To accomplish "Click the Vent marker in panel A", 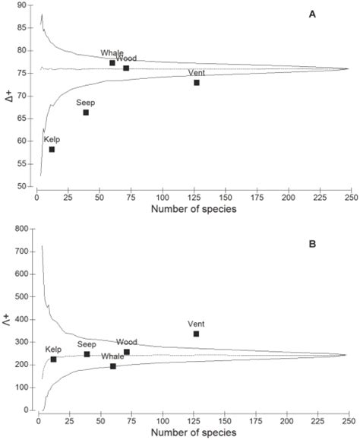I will click(x=196, y=82).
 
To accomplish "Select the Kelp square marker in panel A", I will click(x=52, y=149).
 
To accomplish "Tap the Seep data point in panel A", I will click(x=86, y=112).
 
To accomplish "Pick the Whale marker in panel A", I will click(x=112, y=63).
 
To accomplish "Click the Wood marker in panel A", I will click(x=126, y=68).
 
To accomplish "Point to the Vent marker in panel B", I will click(x=196, y=334).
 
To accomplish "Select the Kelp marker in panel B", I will click(x=53, y=359).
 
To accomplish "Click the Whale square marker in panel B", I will click(x=113, y=366).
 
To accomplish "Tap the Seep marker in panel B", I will click(x=87, y=354).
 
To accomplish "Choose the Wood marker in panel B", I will click(x=126, y=352).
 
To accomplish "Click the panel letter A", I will click(x=313, y=16).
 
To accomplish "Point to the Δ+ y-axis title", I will click(x=10, y=97).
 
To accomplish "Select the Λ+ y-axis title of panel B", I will click(x=10, y=318).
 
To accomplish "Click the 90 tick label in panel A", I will click(x=24, y=5).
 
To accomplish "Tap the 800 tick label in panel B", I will click(x=21, y=229).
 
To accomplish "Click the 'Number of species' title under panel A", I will click(x=194, y=210).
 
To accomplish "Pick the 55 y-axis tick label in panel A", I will click(x=24, y=163).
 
